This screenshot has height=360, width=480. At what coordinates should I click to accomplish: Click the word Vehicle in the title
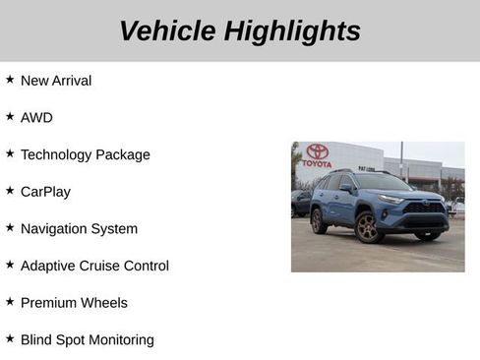(x=168, y=31)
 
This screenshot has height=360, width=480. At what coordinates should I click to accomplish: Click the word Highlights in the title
(x=292, y=31)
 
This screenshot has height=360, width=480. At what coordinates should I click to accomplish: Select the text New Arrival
(x=56, y=81)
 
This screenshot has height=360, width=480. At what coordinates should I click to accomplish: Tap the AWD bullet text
(x=36, y=118)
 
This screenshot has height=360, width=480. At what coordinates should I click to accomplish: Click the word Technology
(x=59, y=154)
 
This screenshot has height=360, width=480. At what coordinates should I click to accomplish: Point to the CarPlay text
(x=45, y=192)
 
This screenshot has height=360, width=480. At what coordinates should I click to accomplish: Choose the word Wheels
(x=104, y=303)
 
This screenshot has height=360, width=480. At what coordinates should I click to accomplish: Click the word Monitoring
(x=117, y=340)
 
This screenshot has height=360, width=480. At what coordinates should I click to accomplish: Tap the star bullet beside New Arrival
(x=10, y=79)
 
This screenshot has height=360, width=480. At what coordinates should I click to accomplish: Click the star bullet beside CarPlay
(x=10, y=190)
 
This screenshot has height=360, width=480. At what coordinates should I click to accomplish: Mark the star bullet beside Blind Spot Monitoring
(x=10, y=338)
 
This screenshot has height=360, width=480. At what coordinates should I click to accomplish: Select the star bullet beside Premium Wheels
(x=10, y=301)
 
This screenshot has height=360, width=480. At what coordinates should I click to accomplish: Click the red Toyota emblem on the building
(x=317, y=151)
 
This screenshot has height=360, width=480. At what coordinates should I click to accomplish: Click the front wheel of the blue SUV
(x=367, y=228)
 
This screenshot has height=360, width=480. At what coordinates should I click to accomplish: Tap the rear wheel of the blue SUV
(x=319, y=220)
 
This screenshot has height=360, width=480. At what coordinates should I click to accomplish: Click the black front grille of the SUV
(x=425, y=208)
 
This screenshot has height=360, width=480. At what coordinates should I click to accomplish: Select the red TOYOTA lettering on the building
(x=317, y=163)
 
